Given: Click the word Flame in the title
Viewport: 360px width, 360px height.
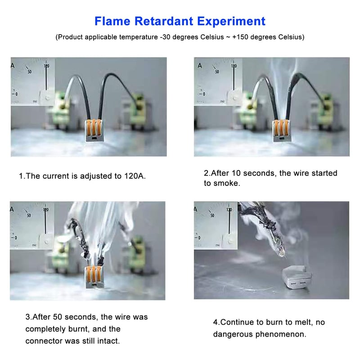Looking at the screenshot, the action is (x=112, y=21).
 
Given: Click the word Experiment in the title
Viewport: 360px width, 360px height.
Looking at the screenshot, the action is (x=231, y=22).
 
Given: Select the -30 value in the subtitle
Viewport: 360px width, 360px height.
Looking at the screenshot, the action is (x=165, y=37).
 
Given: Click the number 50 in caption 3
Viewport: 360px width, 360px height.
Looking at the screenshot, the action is (x=58, y=317).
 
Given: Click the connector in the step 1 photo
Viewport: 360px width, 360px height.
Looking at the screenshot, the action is (x=94, y=130).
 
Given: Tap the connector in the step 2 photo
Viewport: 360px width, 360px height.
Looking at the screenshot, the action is (x=282, y=130).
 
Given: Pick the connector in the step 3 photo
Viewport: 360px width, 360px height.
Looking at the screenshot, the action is (x=94, y=277).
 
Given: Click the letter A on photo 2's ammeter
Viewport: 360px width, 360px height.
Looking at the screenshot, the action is (x=200, y=66).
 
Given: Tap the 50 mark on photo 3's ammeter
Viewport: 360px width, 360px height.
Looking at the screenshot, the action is (x=29, y=216).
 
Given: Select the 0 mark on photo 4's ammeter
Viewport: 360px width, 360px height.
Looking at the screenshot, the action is (x=199, y=238).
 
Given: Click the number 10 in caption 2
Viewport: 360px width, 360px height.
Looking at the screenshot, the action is (x=236, y=173).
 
